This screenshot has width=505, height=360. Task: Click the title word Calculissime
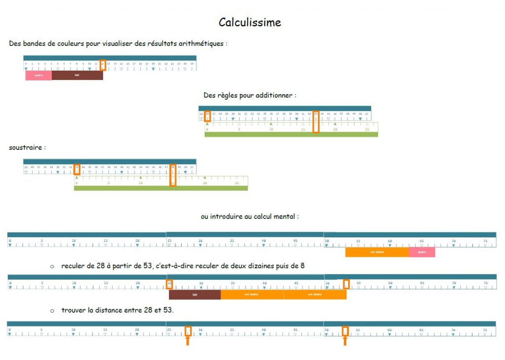click(x=250, y=23)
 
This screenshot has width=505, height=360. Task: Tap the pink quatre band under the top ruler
click(x=38, y=75)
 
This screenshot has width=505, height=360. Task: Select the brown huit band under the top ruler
click(x=77, y=75)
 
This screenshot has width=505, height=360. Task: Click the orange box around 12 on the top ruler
click(x=103, y=65)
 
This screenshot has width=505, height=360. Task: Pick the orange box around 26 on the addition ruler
click(x=208, y=116)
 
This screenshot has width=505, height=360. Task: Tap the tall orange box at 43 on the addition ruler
click(x=316, y=122)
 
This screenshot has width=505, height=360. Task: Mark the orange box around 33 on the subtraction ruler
click(x=76, y=169)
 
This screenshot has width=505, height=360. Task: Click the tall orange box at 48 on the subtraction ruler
click(x=173, y=175)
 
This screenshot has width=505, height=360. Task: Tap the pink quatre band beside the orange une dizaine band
click(x=422, y=252)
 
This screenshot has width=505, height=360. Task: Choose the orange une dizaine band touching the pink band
click(x=377, y=252)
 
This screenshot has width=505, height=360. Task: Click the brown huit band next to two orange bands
click(x=194, y=294)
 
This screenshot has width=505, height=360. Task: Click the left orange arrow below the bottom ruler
click(x=188, y=340)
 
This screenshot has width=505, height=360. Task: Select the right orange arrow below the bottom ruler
click(x=345, y=340)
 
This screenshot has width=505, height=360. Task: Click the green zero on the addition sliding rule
click(x=207, y=129)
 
